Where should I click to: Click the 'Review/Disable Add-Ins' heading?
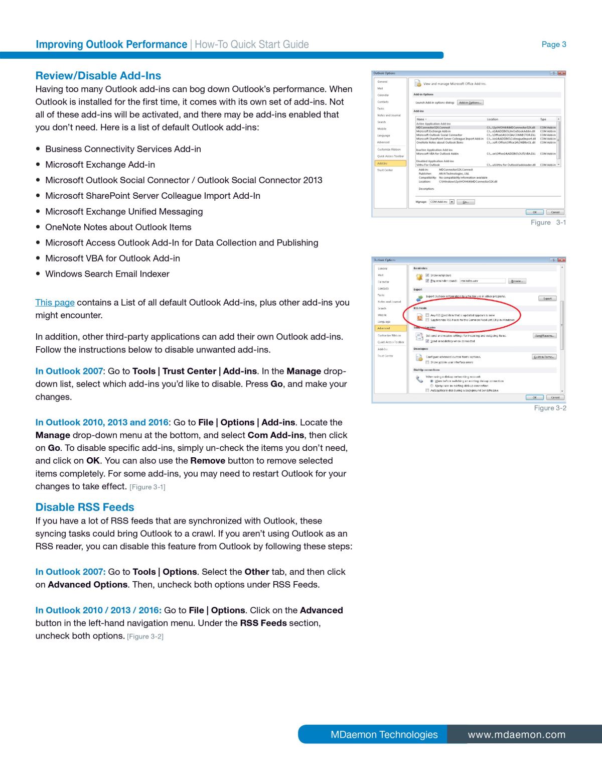tap(98, 76)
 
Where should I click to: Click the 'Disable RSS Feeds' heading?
tap(85, 507)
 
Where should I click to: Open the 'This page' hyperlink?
tap(55, 302)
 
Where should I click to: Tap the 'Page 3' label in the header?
tap(554, 44)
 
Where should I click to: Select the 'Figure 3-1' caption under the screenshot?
tap(548, 222)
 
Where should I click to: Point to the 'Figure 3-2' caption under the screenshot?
tap(550, 408)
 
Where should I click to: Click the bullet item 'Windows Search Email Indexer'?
tap(107, 274)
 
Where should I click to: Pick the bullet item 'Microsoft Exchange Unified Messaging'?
tap(124, 211)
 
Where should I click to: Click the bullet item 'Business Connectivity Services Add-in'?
tap(123, 149)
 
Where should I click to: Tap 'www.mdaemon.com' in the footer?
tap(516, 734)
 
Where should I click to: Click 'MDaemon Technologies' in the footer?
tap(384, 734)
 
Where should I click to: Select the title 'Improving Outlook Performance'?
tap(111, 44)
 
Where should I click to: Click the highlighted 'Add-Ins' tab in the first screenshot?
tap(390, 163)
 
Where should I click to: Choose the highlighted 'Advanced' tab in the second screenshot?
tap(390, 328)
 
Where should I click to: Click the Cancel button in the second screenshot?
tap(555, 397)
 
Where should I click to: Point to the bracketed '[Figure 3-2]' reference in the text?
tap(145, 636)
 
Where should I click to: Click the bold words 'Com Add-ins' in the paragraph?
tap(275, 435)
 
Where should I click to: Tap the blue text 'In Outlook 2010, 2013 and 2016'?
tap(102, 422)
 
